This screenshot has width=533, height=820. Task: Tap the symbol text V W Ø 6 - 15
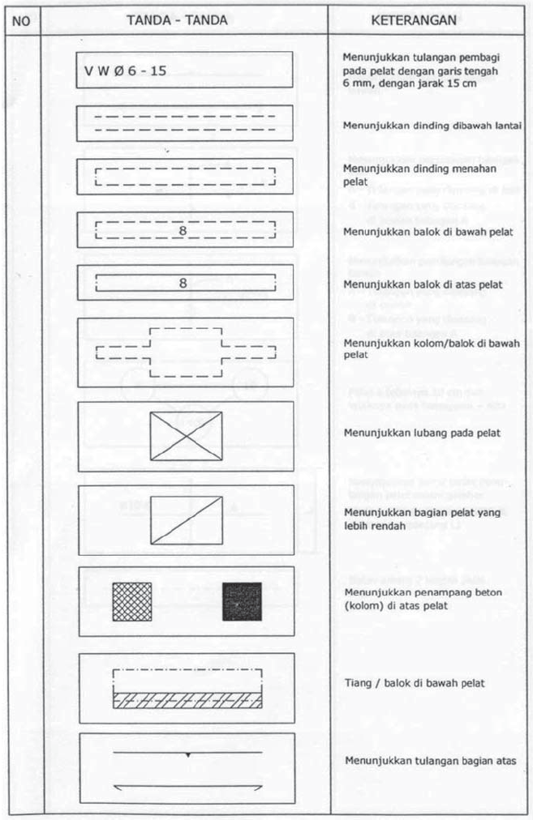(125, 70)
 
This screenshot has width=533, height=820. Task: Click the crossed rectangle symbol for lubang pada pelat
(186, 435)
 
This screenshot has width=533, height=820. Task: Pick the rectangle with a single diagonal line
(186, 519)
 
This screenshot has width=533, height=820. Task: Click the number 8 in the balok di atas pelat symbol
(183, 284)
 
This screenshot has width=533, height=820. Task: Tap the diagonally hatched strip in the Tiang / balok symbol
(187, 701)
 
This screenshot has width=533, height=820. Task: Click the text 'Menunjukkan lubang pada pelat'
(422, 433)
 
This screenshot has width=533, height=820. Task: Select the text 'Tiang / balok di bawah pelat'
(415, 684)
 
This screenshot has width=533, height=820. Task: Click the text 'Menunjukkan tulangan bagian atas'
(430, 761)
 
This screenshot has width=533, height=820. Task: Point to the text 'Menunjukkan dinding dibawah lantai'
(432, 126)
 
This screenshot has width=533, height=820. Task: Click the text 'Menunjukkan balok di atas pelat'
(423, 285)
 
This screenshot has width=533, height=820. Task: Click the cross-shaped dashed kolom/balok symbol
(186, 352)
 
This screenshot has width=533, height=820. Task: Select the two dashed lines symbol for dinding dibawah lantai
(186, 123)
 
